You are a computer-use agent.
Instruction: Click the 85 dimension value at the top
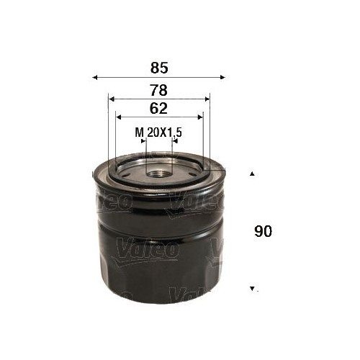[159, 68]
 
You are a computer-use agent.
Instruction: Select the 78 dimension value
[159, 90]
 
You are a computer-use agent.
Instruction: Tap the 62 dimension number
[159, 109]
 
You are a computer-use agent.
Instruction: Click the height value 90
[264, 233]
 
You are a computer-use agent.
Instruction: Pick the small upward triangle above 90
[252, 174]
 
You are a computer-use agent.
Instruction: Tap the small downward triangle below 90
[252, 289]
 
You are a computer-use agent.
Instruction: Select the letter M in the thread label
[138, 132]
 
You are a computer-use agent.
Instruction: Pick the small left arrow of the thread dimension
[143, 142]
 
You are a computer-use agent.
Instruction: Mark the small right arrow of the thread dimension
[173, 142]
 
